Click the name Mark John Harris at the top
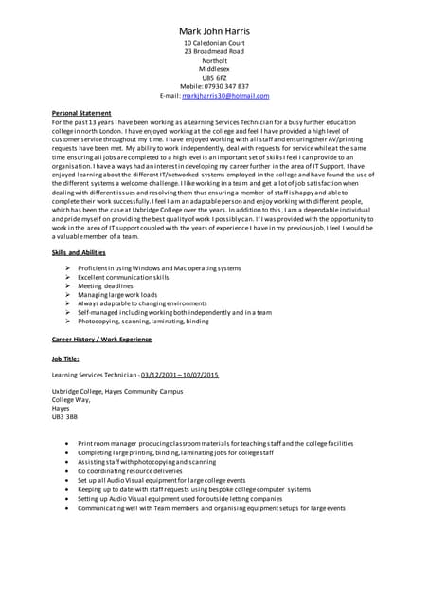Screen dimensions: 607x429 (x=214, y=31)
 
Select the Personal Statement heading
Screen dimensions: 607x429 (x=81, y=113)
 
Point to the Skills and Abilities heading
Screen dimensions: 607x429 (x=79, y=252)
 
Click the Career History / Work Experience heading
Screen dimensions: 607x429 (x=101, y=339)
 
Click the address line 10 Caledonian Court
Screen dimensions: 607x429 (x=214, y=44)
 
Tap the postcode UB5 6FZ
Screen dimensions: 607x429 (x=214, y=78)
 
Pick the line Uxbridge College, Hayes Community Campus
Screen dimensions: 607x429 (x=117, y=391)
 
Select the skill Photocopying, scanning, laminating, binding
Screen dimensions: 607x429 (x=143, y=321)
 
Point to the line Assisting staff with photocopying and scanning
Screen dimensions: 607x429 (x=147, y=461)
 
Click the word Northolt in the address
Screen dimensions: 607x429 (x=214, y=61)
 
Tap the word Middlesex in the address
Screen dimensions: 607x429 (x=214, y=69)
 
